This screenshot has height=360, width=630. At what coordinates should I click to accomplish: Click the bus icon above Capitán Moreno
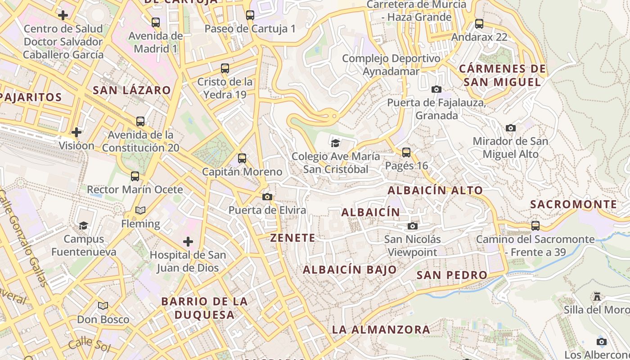click(242, 158)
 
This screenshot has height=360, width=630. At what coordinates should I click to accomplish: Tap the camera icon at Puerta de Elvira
click(267, 197)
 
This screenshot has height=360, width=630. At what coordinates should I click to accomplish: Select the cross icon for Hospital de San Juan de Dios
click(188, 242)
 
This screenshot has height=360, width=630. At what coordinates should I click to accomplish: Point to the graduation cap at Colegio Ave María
click(335, 143)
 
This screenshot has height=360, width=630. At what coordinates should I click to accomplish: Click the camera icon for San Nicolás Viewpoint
click(413, 226)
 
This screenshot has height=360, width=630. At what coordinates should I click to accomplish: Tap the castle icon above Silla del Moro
click(597, 297)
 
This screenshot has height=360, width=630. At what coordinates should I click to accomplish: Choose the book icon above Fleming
click(140, 210)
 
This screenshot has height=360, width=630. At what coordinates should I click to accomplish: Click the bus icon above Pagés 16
click(406, 152)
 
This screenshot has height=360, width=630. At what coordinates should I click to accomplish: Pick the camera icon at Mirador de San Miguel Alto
click(510, 128)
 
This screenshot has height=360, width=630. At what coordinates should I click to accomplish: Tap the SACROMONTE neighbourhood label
click(573, 204)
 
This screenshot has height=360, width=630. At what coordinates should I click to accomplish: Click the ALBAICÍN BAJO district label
click(350, 270)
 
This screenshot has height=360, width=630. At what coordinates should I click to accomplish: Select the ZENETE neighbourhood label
click(292, 238)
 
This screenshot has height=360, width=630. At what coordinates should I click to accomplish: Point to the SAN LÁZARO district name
click(132, 90)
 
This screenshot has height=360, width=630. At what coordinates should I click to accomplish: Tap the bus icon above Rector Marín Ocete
click(135, 176)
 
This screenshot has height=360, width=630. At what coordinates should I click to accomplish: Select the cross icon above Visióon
click(76, 132)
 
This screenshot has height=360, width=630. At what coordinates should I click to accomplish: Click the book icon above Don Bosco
click(103, 306)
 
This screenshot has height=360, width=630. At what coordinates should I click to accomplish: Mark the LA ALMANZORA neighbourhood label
click(381, 329)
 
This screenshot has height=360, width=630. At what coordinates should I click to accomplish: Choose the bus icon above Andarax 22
click(479, 23)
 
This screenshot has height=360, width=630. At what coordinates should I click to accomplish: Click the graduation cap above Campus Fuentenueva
click(83, 225)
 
